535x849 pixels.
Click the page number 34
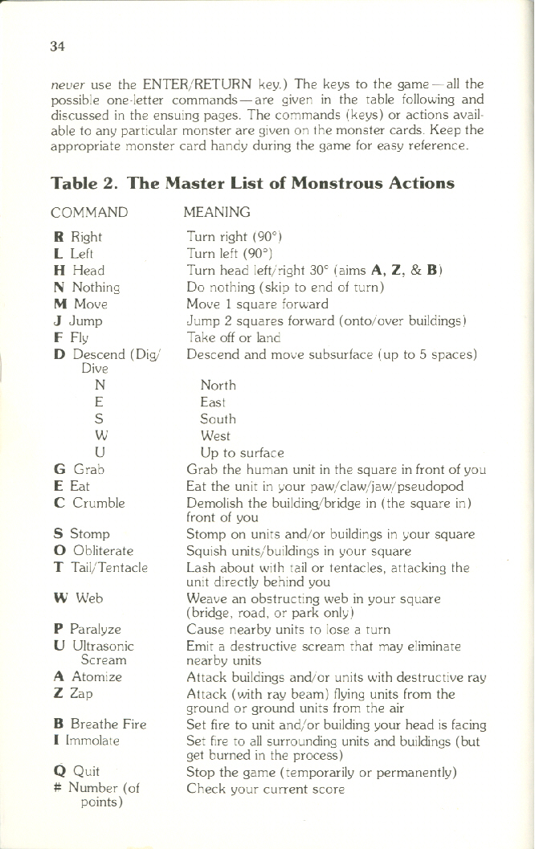[x=56, y=46]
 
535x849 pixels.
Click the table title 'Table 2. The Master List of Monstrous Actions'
[x=252, y=182]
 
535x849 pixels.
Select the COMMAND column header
[x=88, y=212]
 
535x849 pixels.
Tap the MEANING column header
[x=217, y=212]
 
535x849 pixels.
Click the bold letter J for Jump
[x=59, y=320]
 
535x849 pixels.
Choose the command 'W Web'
[x=78, y=598]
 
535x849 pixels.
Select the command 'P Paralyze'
[x=87, y=629]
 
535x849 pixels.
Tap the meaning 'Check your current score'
[x=265, y=789]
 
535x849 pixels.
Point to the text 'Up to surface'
[x=242, y=452]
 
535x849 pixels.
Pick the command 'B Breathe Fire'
[x=100, y=724]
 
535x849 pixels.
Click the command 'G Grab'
[x=79, y=469]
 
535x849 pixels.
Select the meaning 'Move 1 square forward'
[x=257, y=304]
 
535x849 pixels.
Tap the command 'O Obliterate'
[x=93, y=550]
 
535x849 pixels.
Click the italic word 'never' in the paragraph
[x=66, y=85]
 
